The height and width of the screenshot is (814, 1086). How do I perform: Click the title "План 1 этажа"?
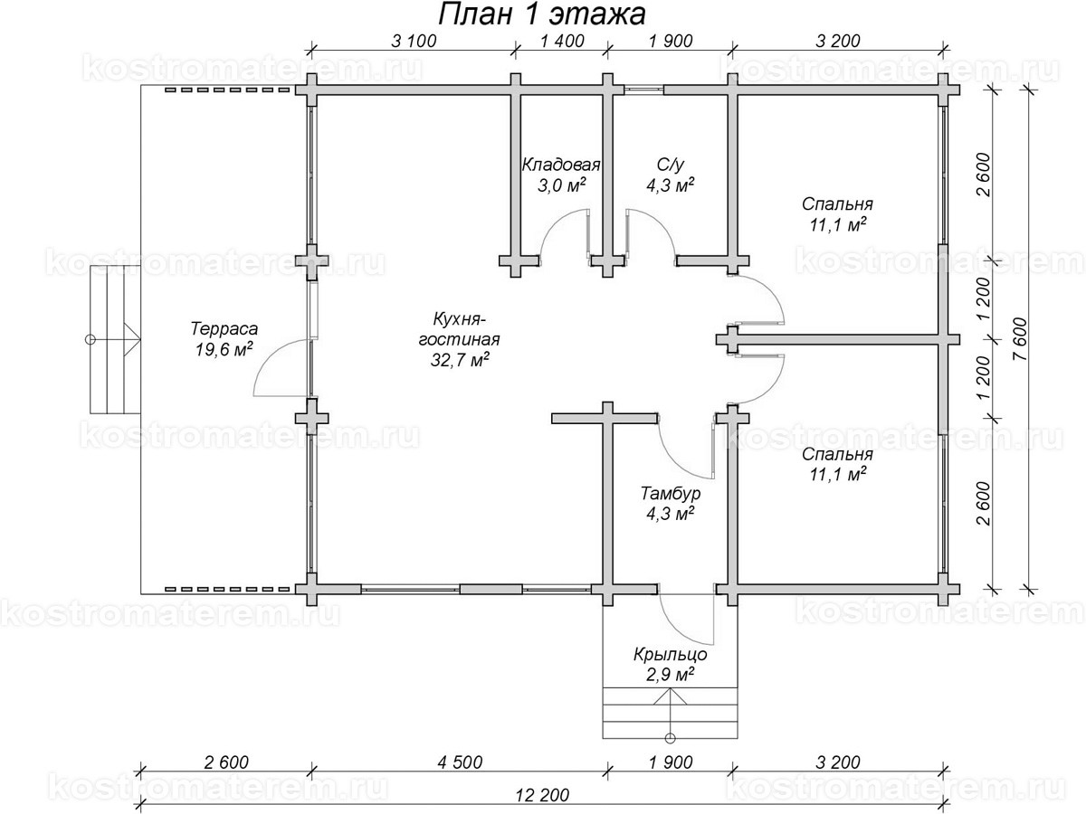[541, 14]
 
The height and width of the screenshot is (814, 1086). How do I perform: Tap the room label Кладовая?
[561, 165]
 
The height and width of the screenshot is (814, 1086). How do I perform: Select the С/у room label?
[671, 165]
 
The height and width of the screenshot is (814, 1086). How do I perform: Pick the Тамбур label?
[670, 494]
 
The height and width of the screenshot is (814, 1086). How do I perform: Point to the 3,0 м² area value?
[561, 185]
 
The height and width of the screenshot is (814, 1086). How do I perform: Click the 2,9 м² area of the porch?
[670, 676]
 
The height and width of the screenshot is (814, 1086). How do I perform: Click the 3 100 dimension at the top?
[413, 40]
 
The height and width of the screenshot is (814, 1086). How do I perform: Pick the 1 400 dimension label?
[562, 40]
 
